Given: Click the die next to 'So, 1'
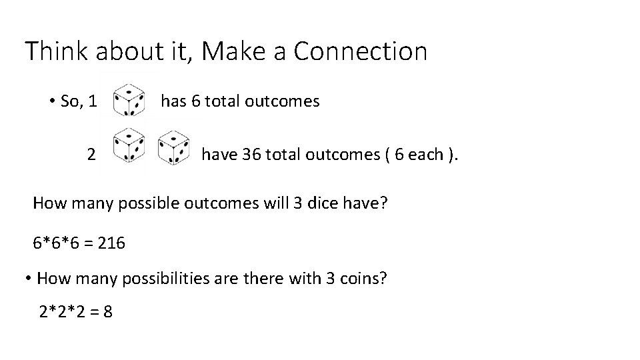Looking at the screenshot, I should pos(129,101).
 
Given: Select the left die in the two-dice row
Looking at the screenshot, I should pos(129,145).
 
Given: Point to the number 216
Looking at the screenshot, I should pos(111,243).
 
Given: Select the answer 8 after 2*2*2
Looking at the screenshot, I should pos(107,311).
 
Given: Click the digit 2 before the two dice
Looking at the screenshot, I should pos(91,155).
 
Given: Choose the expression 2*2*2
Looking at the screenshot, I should pos(64,311).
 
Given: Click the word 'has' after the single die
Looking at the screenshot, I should pos(174,101).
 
